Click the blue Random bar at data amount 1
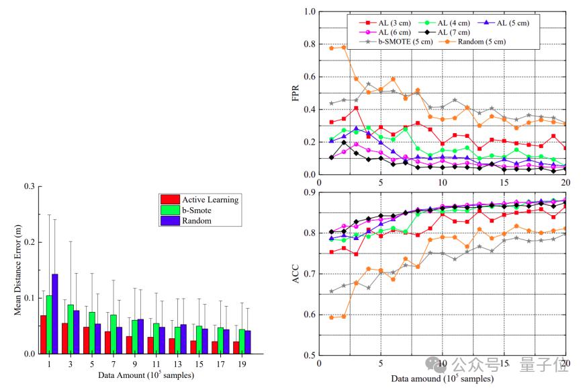point(54,314)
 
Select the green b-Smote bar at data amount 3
point(71,329)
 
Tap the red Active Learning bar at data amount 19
point(236,348)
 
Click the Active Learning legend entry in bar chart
point(199,200)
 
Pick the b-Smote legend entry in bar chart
point(186,210)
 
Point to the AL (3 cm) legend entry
point(385,23)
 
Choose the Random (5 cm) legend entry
point(471,42)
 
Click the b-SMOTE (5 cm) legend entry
point(396,42)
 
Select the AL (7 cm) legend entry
point(444,32)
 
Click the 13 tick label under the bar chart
point(177,364)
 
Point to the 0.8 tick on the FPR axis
point(310,44)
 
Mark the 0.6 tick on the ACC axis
point(310,315)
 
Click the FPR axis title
point(296,93)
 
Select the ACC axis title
point(296,274)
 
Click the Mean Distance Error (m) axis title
point(17,270)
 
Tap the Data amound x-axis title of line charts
point(443,379)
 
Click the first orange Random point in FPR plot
point(331,48)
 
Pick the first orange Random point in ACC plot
point(331,317)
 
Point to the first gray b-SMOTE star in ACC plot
point(331,291)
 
